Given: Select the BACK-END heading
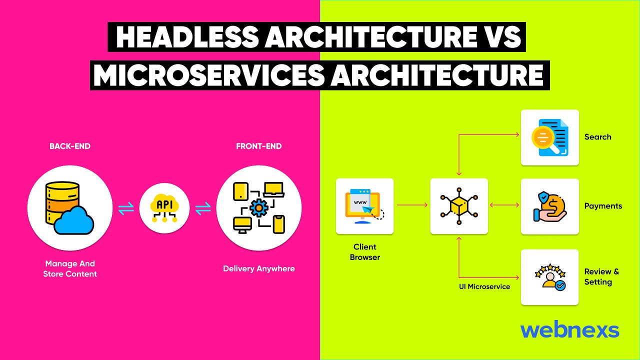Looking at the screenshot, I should (x=70, y=146).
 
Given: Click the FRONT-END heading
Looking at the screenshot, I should (x=259, y=146).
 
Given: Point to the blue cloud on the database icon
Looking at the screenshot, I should (x=74, y=220).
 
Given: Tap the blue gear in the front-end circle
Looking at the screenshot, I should (x=258, y=207).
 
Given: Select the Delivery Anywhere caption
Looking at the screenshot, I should (x=259, y=269).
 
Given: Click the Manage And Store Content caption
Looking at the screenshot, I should (x=70, y=269).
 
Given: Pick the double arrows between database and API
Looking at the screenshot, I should (x=126, y=209).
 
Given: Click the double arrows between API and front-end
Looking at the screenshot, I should (x=203, y=209).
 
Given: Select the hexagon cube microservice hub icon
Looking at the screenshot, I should (x=459, y=205).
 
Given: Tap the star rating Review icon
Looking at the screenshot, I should (x=549, y=277).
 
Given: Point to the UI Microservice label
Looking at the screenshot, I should (x=484, y=287).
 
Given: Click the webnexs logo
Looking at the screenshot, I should (x=569, y=330).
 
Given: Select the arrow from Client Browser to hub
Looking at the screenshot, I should (x=412, y=205).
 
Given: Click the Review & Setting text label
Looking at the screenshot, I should (x=601, y=277).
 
